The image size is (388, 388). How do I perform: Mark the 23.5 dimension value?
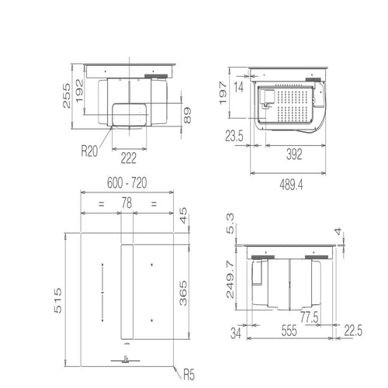pyautogui.click(x=234, y=137)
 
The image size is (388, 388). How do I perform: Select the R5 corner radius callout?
pyautogui.click(x=186, y=373)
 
